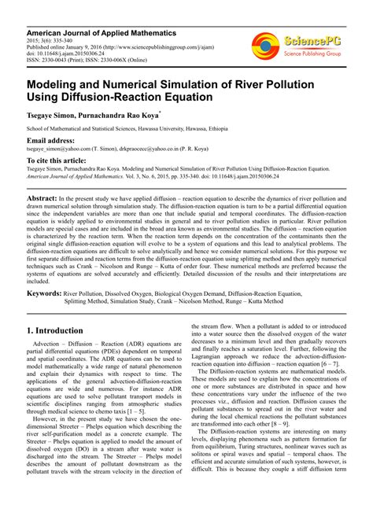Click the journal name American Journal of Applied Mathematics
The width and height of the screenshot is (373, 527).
(94, 30)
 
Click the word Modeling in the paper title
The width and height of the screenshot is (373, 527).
(58, 83)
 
